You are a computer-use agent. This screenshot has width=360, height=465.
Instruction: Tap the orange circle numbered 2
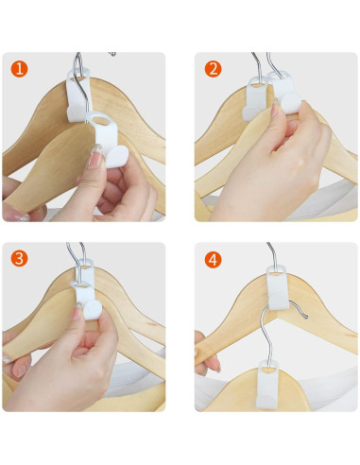214,69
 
